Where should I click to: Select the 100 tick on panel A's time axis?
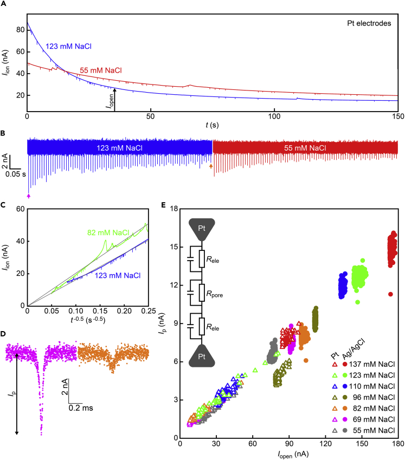[x=275, y=116]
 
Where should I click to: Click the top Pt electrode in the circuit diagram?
[x=201, y=229]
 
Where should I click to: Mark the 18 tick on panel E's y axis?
[x=173, y=209]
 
